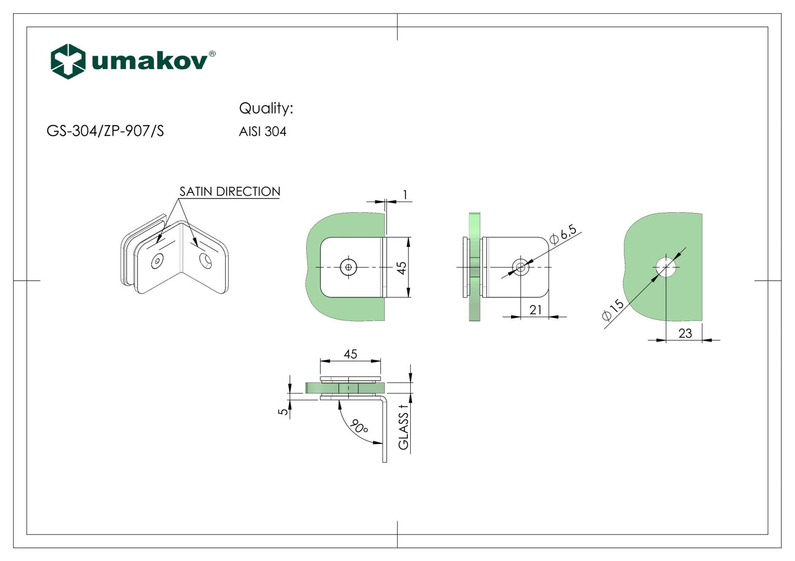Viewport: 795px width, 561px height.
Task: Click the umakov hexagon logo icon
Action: pyautogui.click(x=68, y=61)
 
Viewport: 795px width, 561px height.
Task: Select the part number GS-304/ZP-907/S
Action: pyautogui.click(x=105, y=131)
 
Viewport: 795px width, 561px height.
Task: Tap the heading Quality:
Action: pyautogui.click(x=266, y=108)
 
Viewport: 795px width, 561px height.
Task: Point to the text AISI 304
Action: pyautogui.click(x=263, y=131)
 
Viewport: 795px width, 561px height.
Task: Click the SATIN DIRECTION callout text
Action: pyautogui.click(x=230, y=191)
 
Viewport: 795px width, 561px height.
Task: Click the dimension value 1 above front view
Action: pyautogui.click(x=405, y=194)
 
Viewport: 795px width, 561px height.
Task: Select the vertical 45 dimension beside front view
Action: pyautogui.click(x=401, y=268)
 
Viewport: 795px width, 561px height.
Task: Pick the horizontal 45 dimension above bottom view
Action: pyautogui.click(x=350, y=354)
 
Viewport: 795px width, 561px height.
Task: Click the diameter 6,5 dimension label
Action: pyautogui.click(x=564, y=235)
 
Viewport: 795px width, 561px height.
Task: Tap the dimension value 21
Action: pyautogui.click(x=535, y=310)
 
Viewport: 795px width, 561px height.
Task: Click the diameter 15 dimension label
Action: pyautogui.click(x=613, y=309)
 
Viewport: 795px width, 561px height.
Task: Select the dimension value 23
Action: pyautogui.click(x=685, y=333)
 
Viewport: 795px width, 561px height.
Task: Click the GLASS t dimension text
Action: pyautogui.click(x=403, y=427)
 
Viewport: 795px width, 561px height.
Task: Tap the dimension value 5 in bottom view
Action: pyautogui.click(x=283, y=411)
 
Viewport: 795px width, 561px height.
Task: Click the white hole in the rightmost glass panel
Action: pyautogui.click(x=666, y=268)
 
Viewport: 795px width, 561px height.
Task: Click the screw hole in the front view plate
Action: pyautogui.click(x=349, y=268)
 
